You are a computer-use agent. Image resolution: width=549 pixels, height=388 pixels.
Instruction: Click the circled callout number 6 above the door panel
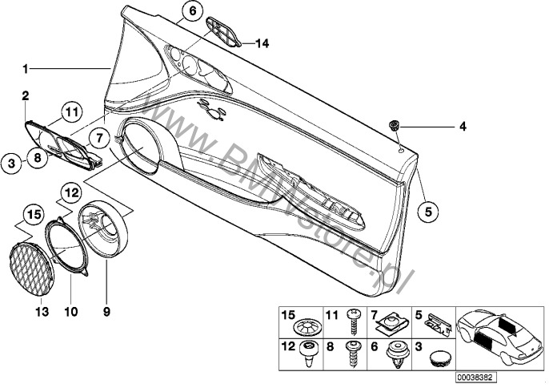193,11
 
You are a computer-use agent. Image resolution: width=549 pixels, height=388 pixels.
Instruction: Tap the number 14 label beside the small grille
262,43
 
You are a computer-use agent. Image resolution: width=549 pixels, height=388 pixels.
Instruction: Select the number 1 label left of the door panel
25,69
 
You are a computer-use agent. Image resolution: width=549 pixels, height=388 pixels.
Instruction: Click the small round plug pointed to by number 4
395,125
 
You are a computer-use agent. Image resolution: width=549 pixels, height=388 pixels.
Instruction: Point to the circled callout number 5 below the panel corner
428,211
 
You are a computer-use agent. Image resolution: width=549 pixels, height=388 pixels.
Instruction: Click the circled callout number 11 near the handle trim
71,112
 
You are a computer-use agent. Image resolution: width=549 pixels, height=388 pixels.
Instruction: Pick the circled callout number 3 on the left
12,164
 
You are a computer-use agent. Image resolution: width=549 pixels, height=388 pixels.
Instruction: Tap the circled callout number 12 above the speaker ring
71,192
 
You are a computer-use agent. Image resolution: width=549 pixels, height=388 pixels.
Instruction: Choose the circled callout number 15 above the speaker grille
34,214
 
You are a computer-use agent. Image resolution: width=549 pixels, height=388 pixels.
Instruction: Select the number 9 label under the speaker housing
106,311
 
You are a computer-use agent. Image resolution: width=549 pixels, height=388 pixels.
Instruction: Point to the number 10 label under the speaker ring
71,311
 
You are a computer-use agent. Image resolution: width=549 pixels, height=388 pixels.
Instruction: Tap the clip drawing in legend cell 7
390,323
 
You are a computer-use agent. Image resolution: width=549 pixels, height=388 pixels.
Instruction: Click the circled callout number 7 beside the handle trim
99,138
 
